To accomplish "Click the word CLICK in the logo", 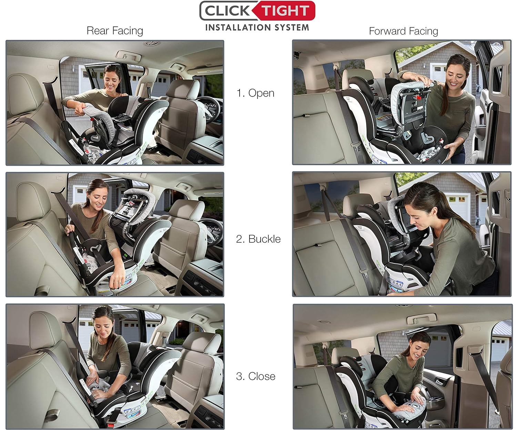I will point(227,11).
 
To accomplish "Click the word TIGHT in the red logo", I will point(284,11).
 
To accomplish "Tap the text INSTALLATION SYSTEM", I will point(257,28).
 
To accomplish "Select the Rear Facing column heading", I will point(115,31).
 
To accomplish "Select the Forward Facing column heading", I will point(403,31).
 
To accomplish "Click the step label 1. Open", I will point(255,93).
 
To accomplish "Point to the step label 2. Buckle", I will point(258,239).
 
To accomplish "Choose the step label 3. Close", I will point(255,376).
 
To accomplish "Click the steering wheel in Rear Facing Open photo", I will point(207,105).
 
